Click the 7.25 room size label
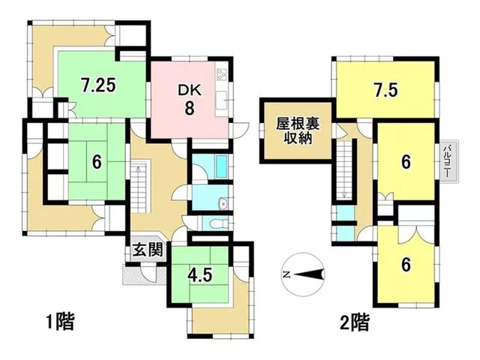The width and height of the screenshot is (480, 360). click(98, 85)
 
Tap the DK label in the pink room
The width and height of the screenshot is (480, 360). click(190, 91)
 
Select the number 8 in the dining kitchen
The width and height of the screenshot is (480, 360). click(190, 108)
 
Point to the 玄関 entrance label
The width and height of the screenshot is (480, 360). click(147, 250)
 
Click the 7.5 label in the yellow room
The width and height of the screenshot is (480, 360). click(385, 90)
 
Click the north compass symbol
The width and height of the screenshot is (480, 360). click(303, 274)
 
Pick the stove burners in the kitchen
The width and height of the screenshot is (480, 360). click(222, 74)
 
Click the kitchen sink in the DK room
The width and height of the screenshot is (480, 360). click(222, 100)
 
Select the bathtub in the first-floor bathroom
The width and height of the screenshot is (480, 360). click(221, 166)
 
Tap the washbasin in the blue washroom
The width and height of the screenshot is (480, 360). click(223, 203)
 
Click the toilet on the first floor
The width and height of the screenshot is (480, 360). click(218, 224)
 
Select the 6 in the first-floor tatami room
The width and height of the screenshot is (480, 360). click(97, 162)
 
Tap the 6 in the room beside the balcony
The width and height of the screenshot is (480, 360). click(406, 162)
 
